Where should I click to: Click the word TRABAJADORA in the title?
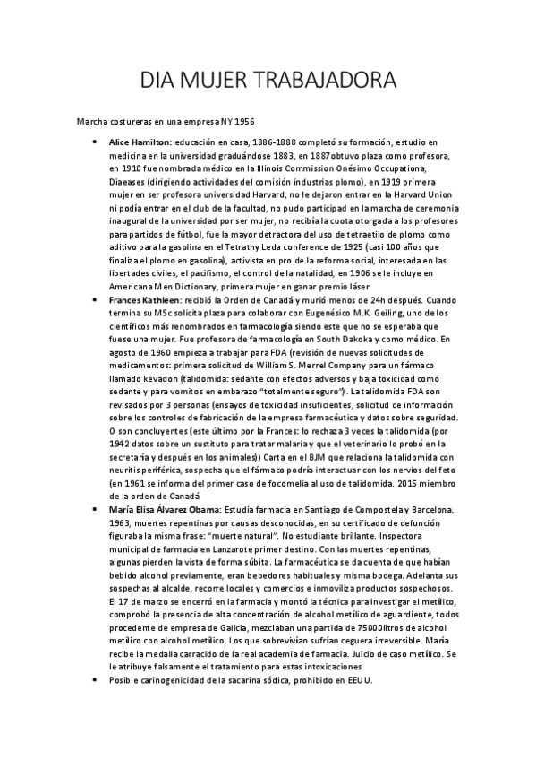click(x=320, y=82)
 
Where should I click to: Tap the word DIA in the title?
click(x=161, y=82)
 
